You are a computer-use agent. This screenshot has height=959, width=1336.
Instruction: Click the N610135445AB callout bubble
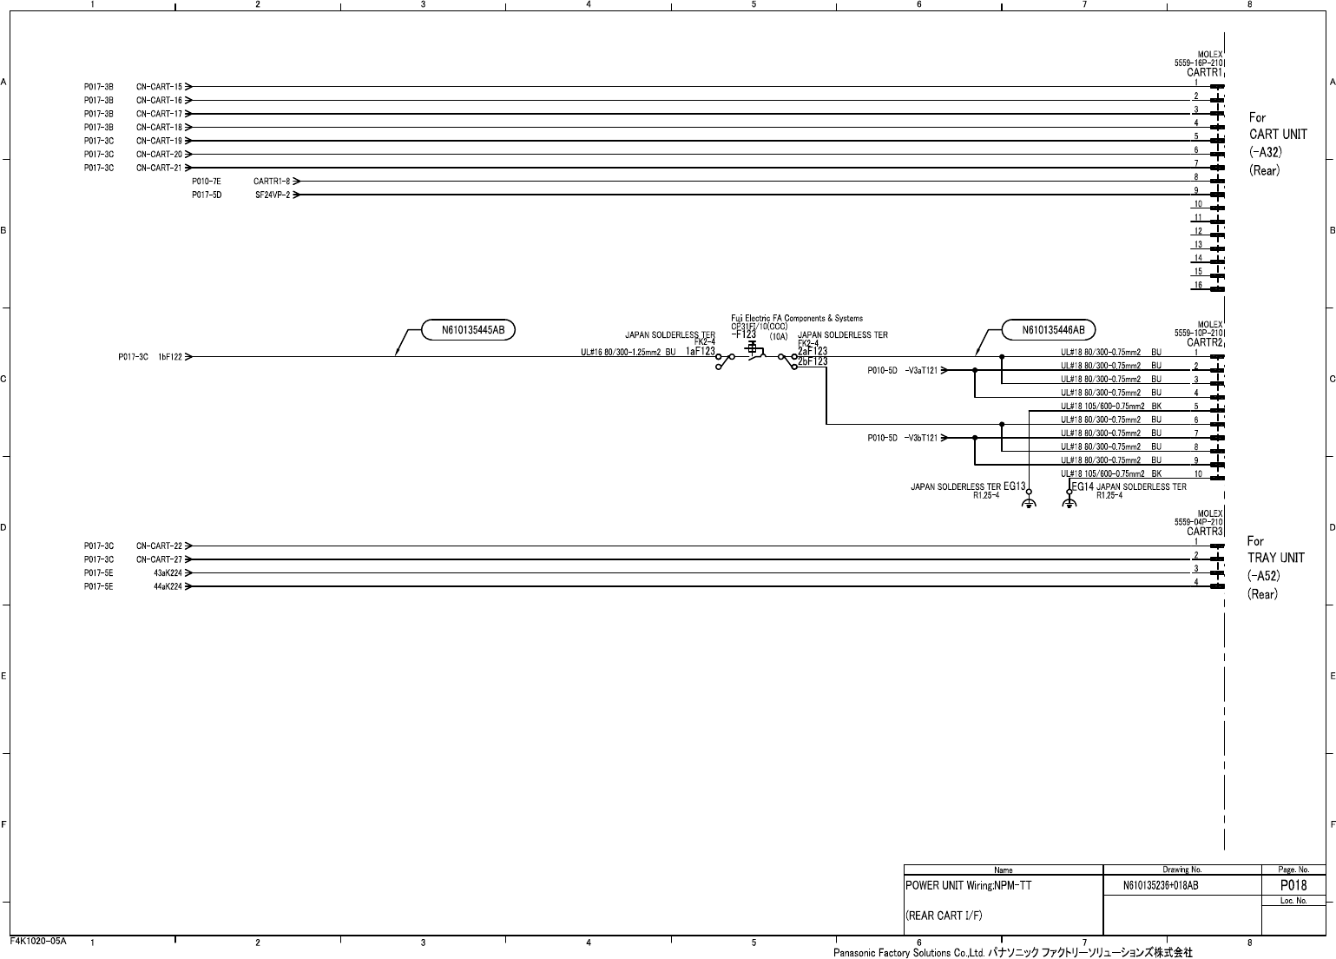click(468, 330)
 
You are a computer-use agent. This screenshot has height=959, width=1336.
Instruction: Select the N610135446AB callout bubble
click(1048, 330)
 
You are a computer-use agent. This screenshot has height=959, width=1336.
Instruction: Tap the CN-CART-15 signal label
click(159, 87)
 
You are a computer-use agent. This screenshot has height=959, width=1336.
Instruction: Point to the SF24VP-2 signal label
click(273, 195)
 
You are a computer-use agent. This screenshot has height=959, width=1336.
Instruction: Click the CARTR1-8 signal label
click(272, 182)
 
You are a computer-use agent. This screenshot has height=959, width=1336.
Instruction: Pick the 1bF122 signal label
click(169, 357)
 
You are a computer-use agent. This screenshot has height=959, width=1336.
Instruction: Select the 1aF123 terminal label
click(700, 352)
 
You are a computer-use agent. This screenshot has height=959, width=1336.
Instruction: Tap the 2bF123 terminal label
click(813, 361)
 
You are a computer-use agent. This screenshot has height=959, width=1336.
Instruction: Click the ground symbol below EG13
click(1028, 504)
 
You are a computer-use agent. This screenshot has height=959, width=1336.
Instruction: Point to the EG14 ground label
click(1083, 488)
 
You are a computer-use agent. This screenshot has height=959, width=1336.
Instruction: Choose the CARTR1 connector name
click(1204, 73)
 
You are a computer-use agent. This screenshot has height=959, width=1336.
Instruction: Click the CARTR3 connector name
click(1204, 532)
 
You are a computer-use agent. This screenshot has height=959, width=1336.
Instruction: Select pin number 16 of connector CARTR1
click(1198, 285)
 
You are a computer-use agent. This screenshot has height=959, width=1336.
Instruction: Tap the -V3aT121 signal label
click(921, 370)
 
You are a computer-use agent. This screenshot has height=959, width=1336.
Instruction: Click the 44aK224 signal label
click(168, 587)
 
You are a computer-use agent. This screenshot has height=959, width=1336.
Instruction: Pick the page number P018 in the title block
click(1293, 886)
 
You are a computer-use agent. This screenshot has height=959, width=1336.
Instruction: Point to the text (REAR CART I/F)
click(944, 916)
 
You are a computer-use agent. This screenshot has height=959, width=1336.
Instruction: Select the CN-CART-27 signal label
click(159, 560)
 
